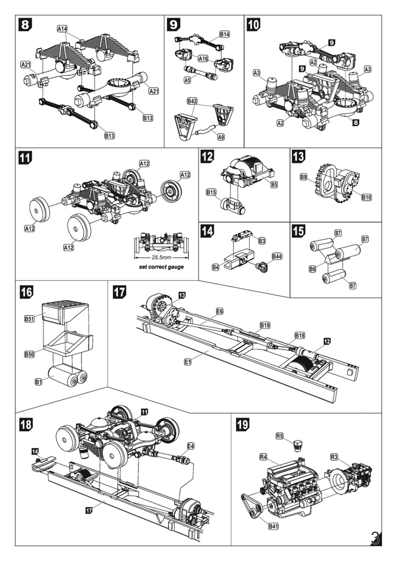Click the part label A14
click(x=63, y=29)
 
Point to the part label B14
click(x=225, y=34)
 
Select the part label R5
click(x=280, y=436)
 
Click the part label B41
click(x=274, y=527)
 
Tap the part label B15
click(x=210, y=192)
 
